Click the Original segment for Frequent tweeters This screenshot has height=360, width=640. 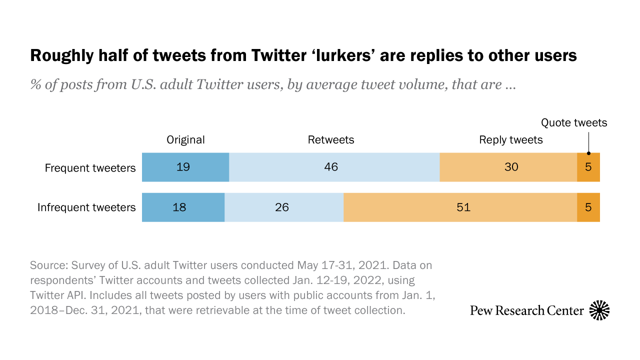coord(185,167)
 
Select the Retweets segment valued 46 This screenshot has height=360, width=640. coord(334,167)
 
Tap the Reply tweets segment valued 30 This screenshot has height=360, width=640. coord(508,167)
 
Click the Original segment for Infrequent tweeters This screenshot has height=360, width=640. coord(183,207)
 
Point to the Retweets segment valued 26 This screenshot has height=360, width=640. coord(284,207)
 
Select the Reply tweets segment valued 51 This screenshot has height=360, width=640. coord(460,207)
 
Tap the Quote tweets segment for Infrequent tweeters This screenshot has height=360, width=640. coord(588,207)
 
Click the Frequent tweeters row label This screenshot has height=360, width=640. coord(90,167)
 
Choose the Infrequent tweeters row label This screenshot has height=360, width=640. coord(86,207)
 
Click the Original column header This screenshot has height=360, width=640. coord(185,140)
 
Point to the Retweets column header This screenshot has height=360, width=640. coord(331,140)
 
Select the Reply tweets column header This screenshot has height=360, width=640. coord(511,140)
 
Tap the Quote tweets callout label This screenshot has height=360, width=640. coord(574,122)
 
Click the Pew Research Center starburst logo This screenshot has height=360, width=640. coord(599,310)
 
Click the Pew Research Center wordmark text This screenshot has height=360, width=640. coord(527,310)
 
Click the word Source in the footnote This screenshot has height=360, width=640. coord(48,264)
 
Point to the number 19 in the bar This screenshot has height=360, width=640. coord(183,167)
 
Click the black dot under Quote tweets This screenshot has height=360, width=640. coord(588,153)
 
